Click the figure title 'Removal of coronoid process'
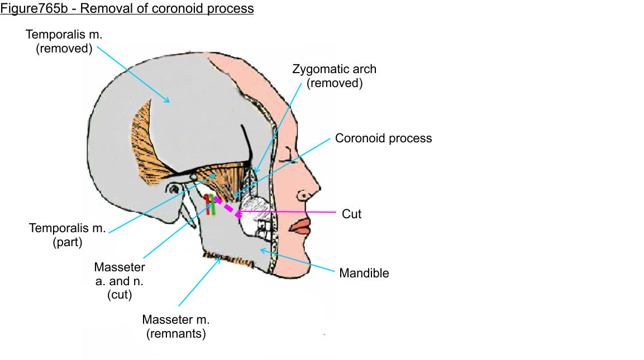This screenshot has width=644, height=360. (x=127, y=9)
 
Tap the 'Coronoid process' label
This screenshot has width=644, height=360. (x=383, y=138)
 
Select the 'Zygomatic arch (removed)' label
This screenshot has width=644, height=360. (x=334, y=76)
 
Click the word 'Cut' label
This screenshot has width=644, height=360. (x=351, y=213)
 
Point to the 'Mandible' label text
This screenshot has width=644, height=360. (x=364, y=273)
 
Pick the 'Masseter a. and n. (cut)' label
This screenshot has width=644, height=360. (x=120, y=281)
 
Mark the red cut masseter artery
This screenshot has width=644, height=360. (x=207, y=204)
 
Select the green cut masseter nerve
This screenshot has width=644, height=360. (x=213, y=204)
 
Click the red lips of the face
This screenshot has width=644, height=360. (x=300, y=225)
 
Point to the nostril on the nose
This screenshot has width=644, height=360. (x=304, y=196)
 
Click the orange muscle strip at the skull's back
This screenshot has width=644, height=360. (x=145, y=140)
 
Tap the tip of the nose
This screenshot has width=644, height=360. (x=318, y=187)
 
